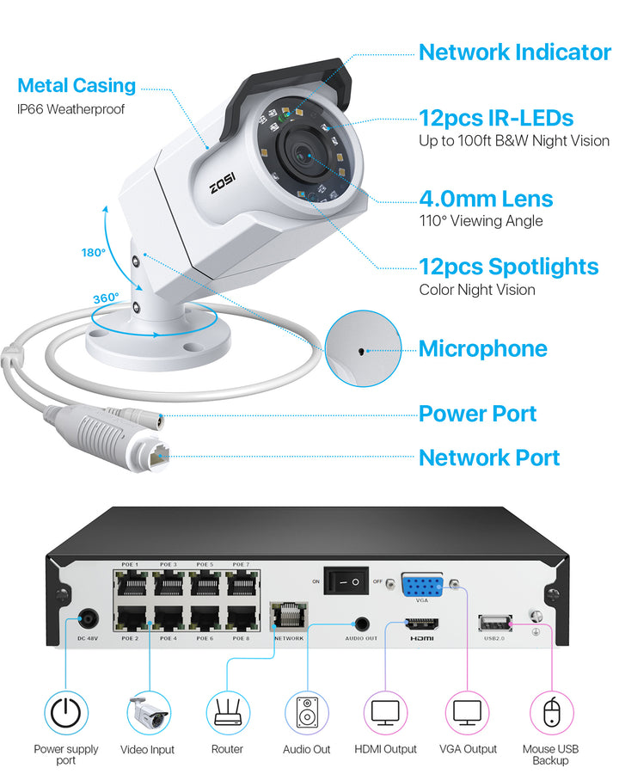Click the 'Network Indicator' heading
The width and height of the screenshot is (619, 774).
click(x=514, y=52)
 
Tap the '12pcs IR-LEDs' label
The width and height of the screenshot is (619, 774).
click(x=496, y=117)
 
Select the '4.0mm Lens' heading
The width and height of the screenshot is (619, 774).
click(x=486, y=199)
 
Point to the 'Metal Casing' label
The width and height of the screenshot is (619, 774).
click(x=77, y=86)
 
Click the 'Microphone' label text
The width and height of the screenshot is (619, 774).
click(x=482, y=348)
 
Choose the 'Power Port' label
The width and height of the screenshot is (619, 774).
click(x=477, y=414)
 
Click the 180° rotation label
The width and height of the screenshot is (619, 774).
click(x=93, y=253)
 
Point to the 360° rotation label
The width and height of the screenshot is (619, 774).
click(x=106, y=298)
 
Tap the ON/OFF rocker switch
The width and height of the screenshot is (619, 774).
click(x=346, y=582)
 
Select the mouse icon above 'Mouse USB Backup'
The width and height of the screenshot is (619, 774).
click(x=550, y=711)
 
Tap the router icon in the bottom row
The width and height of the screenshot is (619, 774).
click(x=228, y=711)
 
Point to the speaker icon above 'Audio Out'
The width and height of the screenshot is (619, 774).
click(x=307, y=711)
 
